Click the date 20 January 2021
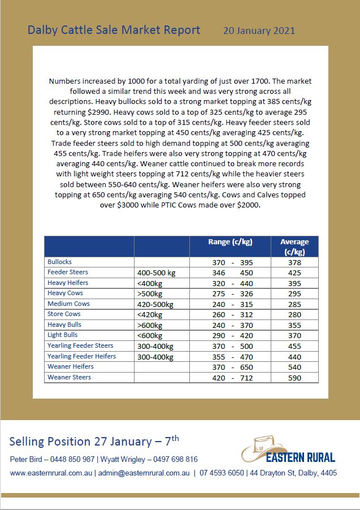pos(259,31)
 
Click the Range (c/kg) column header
pos(230,242)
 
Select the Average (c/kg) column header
pos(294,247)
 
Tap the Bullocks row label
pos(60,262)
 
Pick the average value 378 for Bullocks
pos(294,262)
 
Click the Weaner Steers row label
pos(69,377)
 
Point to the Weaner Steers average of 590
pos(294,377)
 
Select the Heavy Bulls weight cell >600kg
pos(150,325)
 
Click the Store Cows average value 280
pos(294,314)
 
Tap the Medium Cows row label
pos(68,304)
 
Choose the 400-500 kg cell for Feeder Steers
pos(157,273)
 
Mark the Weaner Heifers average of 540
pos(294,367)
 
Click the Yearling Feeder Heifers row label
pos(82,356)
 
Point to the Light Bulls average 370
pos(294,335)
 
